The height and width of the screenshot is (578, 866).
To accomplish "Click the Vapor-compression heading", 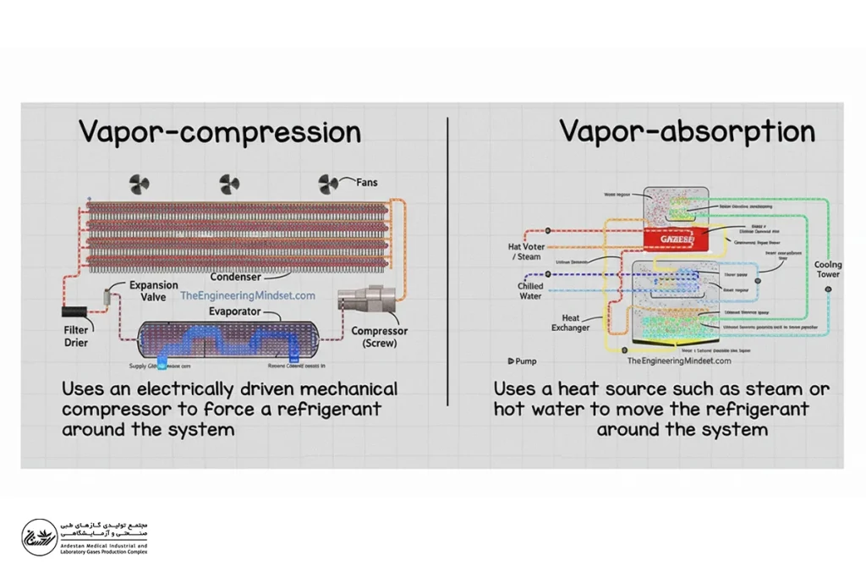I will (x=220, y=132).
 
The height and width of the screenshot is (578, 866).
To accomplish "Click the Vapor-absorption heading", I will (x=687, y=131).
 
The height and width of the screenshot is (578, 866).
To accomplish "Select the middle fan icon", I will (x=229, y=184).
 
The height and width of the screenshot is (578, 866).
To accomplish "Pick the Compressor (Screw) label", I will (x=379, y=337).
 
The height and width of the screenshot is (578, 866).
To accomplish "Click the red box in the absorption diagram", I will (x=675, y=239).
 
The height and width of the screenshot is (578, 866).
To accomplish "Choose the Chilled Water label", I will (x=530, y=290).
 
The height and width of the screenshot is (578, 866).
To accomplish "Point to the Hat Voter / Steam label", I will (x=527, y=251).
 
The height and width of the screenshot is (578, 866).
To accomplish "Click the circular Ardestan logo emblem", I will (x=39, y=537).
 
